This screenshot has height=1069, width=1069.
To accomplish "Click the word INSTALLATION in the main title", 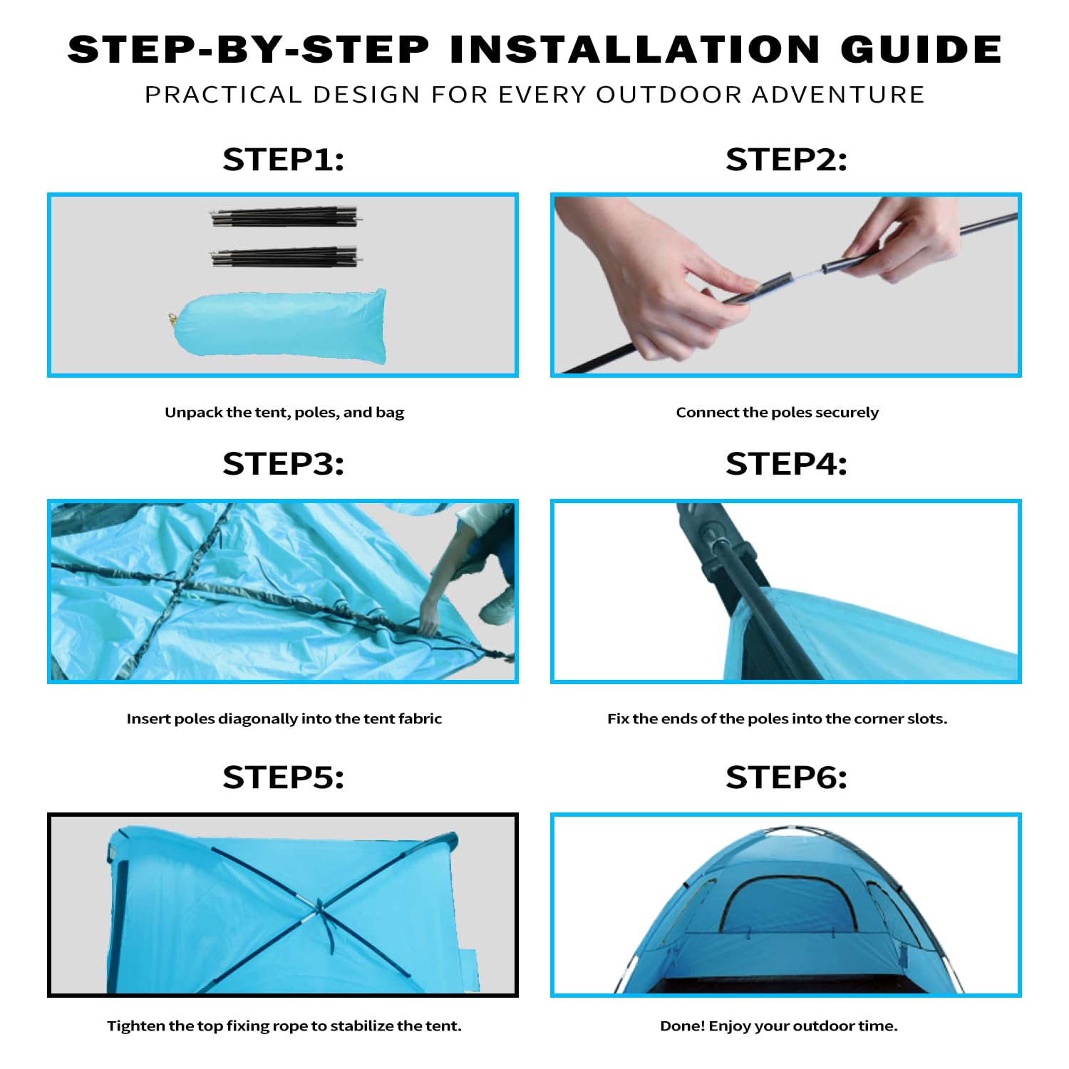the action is [635, 49].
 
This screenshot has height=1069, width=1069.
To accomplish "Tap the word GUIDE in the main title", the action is [921, 49].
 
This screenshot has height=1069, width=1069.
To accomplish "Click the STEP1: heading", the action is [284, 160].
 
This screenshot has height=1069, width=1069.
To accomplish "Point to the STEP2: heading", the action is [787, 160].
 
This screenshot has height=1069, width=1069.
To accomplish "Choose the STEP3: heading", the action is [284, 464].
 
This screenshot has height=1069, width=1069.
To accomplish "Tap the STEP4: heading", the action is [787, 464].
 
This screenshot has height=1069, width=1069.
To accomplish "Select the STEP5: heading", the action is [284, 778].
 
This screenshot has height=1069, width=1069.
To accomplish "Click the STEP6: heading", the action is [787, 778].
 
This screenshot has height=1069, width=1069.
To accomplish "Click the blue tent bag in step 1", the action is [279, 327].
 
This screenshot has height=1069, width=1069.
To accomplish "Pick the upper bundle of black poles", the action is [286, 217].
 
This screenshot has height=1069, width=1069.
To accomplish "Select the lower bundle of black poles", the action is [286, 257].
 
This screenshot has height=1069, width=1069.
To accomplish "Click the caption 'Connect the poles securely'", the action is [778, 413].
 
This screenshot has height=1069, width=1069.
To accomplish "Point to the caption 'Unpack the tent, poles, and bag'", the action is [284, 413].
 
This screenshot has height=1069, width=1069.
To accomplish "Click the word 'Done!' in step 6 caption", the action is [682, 1026].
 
